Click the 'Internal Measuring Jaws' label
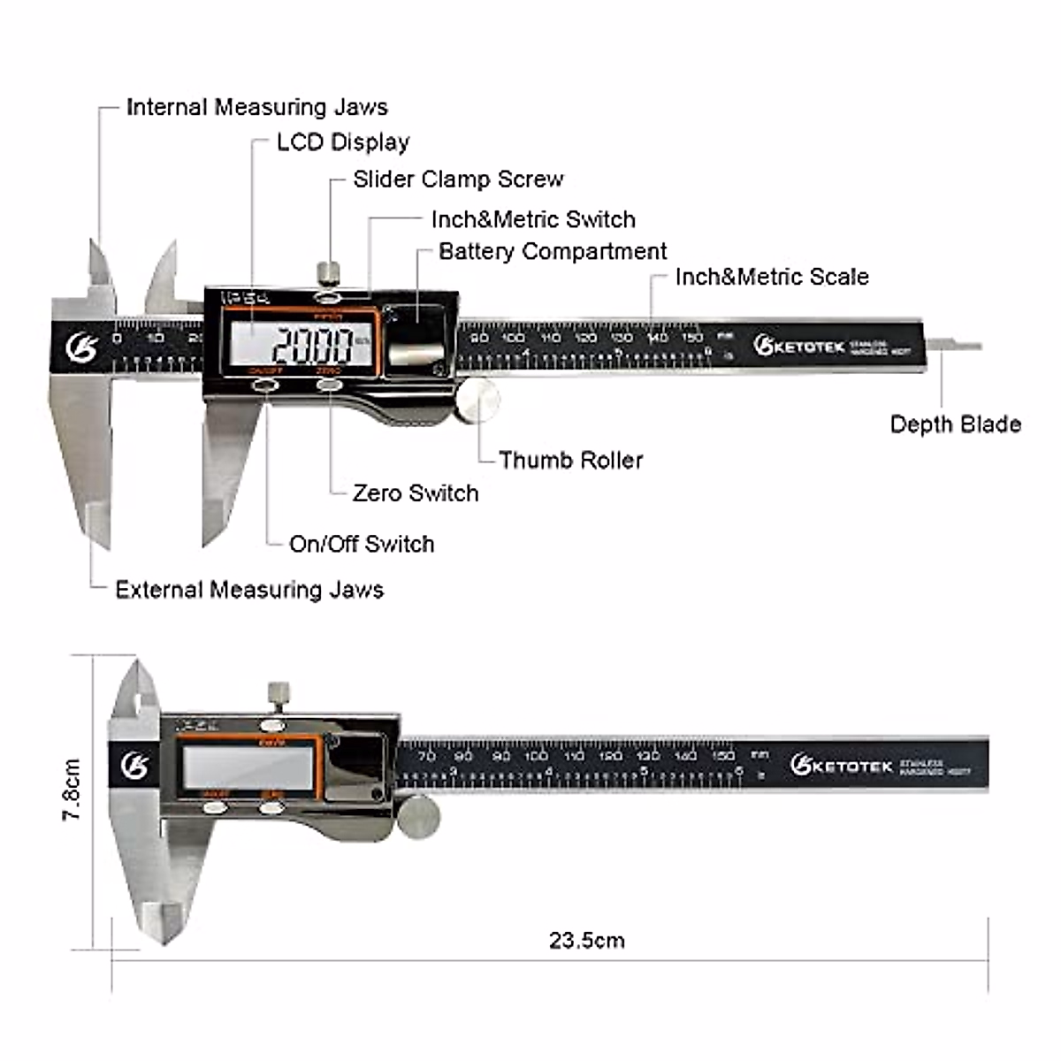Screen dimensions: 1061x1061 (x=256, y=107)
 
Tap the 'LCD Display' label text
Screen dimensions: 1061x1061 (x=343, y=142)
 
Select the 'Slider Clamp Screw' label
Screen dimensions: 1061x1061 (x=458, y=179)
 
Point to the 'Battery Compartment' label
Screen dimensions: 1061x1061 (x=553, y=251)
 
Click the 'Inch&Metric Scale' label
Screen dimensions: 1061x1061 (x=772, y=277)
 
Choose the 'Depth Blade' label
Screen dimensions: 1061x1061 (x=955, y=424)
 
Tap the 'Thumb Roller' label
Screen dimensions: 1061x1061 (x=570, y=460)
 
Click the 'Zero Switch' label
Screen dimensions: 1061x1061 (x=416, y=492)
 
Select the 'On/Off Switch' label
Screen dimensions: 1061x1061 (x=362, y=544)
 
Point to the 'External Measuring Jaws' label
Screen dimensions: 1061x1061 (x=249, y=590)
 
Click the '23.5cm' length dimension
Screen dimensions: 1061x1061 (x=586, y=940)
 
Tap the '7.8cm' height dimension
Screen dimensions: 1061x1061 (x=72, y=789)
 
